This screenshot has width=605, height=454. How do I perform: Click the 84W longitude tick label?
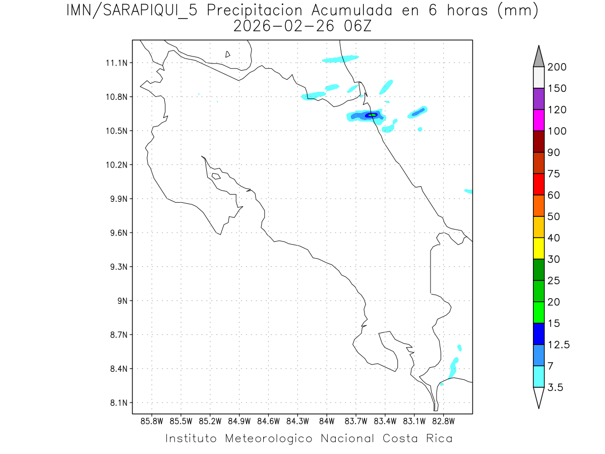click(327, 421)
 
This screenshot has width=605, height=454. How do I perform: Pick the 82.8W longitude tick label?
click(443, 421)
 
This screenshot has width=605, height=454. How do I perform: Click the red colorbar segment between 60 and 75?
click(538, 184)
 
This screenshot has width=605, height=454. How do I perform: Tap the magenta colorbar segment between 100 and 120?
click(538, 120)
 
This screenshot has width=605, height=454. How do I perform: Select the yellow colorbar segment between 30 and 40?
click(538, 248)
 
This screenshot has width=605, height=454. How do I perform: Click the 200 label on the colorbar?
click(557, 67)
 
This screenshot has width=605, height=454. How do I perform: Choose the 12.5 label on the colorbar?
click(559, 345)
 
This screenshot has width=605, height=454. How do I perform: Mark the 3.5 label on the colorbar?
click(556, 387)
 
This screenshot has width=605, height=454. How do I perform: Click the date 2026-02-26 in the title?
click(284, 26)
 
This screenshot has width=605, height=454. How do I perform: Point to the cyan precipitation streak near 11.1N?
click(340, 59)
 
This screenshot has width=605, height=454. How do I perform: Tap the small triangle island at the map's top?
click(228, 54)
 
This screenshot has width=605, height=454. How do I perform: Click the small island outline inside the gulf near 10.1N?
click(216, 176)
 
